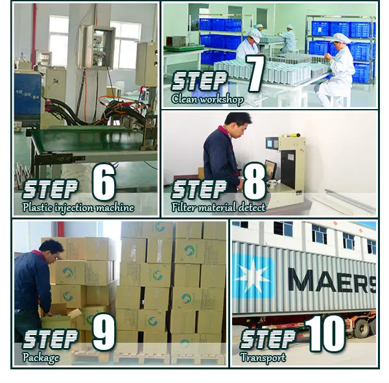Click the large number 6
point(104,182)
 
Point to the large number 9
point(104,332)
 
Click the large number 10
point(325,333)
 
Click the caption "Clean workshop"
point(207,99)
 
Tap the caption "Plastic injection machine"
point(78,207)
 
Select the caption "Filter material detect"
point(218,207)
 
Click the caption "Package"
point(41,358)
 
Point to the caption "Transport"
point(263,358)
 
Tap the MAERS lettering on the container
point(332,280)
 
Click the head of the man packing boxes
point(52,250)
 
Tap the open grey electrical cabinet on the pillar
point(97,47)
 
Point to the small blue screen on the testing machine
point(270,143)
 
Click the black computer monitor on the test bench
point(270,169)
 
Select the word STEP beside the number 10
point(267,339)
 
